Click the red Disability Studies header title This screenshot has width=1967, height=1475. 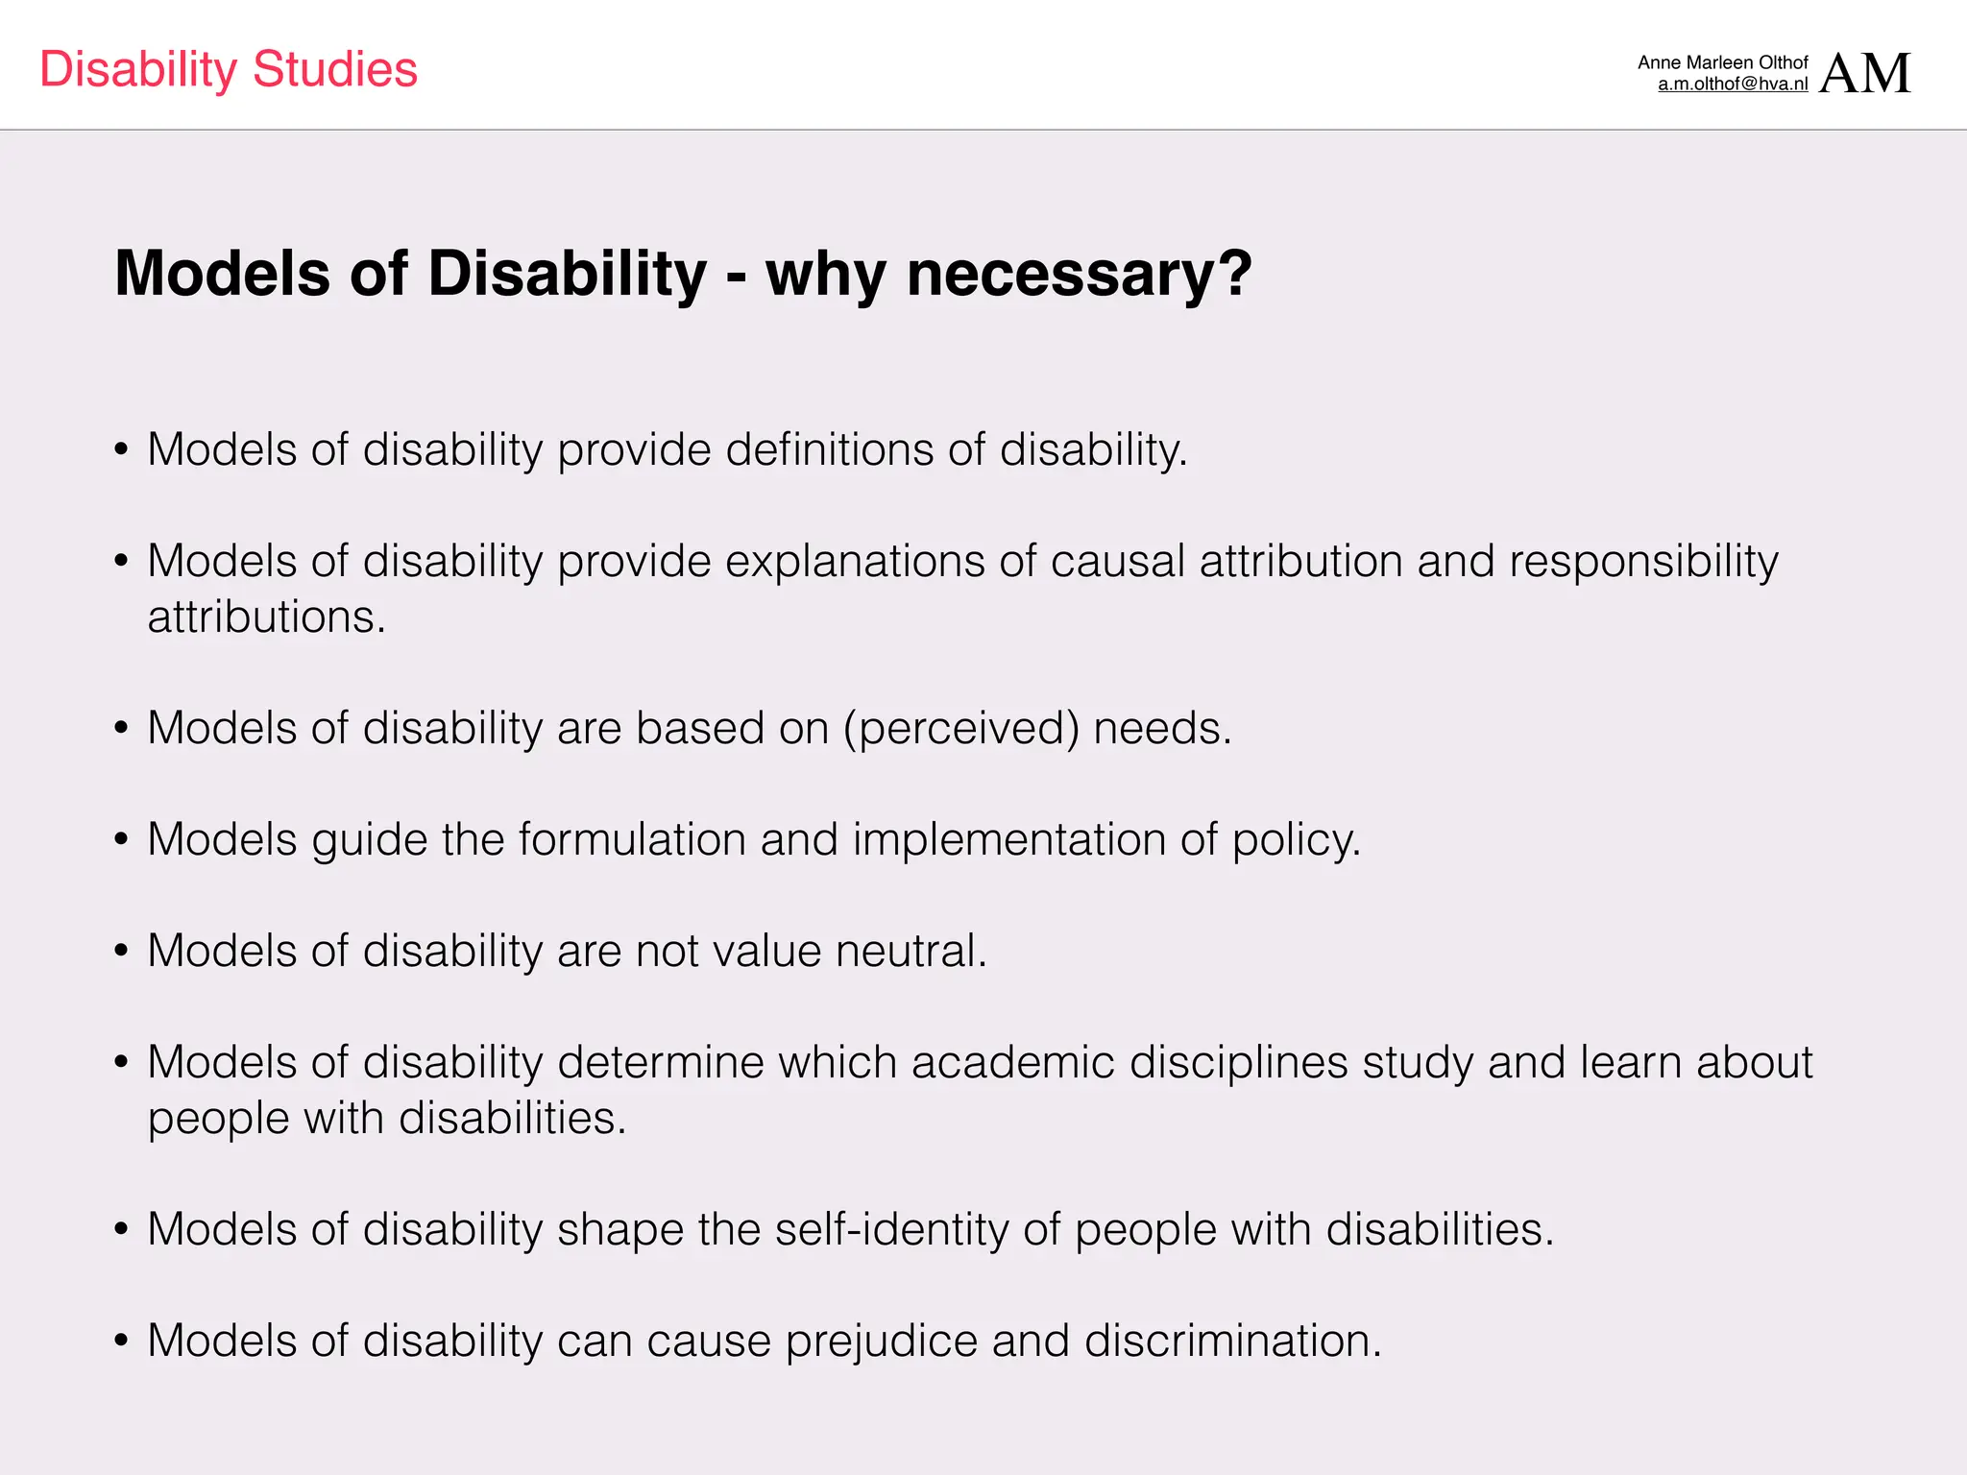(x=229, y=69)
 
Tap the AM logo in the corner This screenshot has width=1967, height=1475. (x=1864, y=73)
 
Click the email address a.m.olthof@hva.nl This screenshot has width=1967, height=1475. (x=1733, y=85)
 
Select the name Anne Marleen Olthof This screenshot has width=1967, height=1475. (x=1723, y=62)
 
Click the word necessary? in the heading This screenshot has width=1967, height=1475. (x=1079, y=274)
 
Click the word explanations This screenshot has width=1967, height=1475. (x=855, y=561)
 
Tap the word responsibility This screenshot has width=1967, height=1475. (x=1643, y=561)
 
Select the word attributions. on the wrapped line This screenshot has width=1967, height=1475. (x=266, y=617)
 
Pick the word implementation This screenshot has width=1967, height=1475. (x=1008, y=839)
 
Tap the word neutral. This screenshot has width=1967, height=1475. (x=911, y=951)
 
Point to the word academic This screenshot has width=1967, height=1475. (x=1012, y=1062)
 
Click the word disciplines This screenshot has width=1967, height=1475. (x=1238, y=1062)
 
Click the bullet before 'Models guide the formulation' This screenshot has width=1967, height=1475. (x=121, y=840)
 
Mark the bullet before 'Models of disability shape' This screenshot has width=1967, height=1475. (x=121, y=1230)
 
